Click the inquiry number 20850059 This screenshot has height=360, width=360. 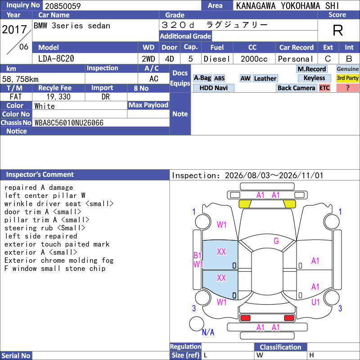coord(63,6)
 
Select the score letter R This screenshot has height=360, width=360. coord(338,30)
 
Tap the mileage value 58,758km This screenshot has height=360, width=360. coord(20,79)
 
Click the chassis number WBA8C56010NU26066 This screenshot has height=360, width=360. coord(69,123)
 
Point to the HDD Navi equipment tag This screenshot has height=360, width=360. coord(213,88)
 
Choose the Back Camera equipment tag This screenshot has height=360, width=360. coord(297,88)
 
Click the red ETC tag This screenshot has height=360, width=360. coord(324,88)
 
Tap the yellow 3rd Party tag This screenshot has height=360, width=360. coord(347,78)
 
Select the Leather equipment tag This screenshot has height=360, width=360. coord(265,78)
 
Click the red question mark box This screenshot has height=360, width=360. coord(347,88)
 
